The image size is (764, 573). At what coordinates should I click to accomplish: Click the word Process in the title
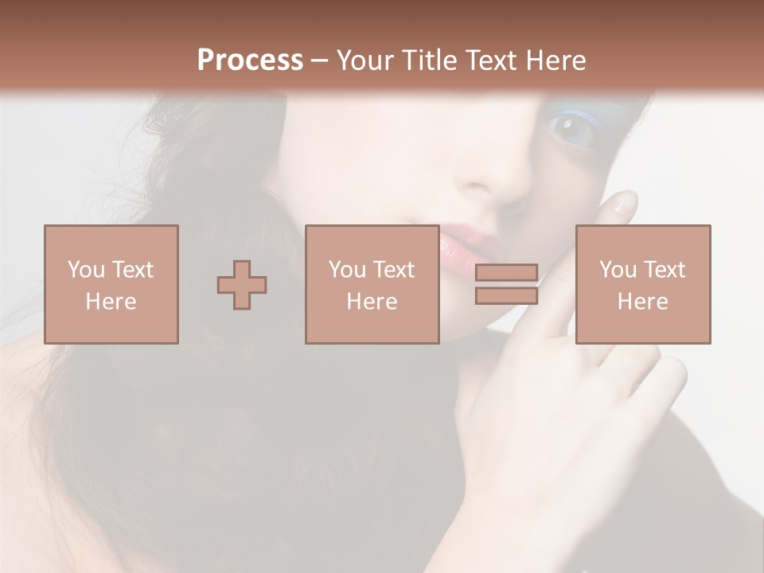[250, 60]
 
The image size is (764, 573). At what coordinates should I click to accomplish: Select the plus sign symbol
[242, 284]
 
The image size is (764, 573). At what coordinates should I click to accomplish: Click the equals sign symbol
[506, 284]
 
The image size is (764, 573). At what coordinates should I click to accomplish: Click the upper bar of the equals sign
[506, 273]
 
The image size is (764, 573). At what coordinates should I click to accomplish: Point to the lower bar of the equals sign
[506, 295]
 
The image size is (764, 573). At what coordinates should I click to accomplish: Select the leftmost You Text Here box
[111, 284]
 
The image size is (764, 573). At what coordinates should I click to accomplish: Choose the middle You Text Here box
[372, 284]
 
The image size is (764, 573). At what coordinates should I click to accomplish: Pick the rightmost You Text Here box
[642, 284]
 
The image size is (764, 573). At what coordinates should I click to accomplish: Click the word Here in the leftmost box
[111, 302]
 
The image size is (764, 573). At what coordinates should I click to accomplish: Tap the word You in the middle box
[346, 270]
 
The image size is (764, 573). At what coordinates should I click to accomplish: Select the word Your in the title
[364, 60]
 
